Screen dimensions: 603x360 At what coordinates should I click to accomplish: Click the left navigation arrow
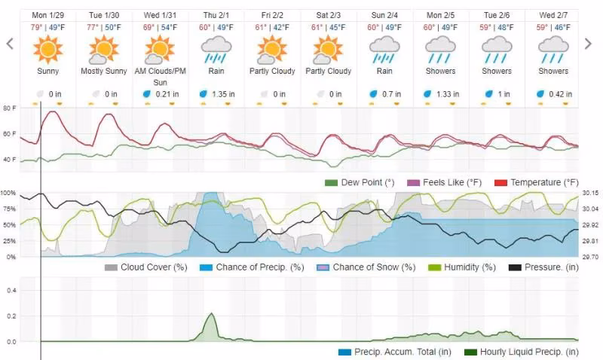click(10, 44)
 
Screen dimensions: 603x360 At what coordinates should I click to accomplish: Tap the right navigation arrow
click(588, 44)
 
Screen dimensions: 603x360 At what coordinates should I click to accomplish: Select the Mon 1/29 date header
click(47, 15)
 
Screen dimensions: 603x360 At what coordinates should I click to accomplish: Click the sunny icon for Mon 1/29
click(47, 49)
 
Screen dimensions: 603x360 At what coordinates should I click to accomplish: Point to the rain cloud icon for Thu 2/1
click(216, 50)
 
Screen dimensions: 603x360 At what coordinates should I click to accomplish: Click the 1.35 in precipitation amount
click(223, 94)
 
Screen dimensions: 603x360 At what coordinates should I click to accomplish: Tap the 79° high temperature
click(36, 28)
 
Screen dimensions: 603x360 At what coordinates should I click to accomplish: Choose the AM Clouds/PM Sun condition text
click(160, 77)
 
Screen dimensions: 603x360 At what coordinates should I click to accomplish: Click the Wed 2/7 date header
click(553, 15)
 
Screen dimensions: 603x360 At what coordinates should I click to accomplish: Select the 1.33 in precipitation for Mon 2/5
click(448, 94)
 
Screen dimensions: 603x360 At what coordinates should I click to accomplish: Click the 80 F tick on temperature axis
click(10, 108)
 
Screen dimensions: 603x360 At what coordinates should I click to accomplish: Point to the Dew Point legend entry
click(360, 182)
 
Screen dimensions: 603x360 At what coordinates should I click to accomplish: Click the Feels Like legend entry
click(444, 182)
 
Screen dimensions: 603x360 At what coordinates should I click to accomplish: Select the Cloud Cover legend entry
click(145, 267)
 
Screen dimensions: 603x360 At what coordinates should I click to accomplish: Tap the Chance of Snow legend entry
click(366, 267)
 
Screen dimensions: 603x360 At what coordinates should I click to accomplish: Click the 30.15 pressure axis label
click(590, 194)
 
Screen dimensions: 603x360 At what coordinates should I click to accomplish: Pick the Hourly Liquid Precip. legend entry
click(522, 352)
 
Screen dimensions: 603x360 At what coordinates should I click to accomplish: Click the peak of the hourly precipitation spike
click(211, 313)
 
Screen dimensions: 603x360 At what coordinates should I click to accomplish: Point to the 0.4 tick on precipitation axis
click(11, 291)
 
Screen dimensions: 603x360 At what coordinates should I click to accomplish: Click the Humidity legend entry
click(462, 267)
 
